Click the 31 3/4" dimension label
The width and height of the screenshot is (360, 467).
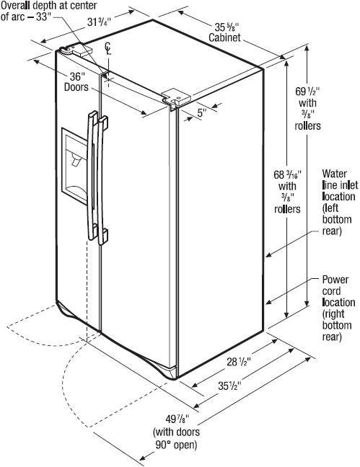pyautogui.click(x=99, y=22)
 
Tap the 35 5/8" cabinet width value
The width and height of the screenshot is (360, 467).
pyautogui.click(x=227, y=27)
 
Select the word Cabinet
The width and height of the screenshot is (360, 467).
pyautogui.click(x=224, y=37)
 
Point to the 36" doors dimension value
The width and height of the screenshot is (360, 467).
pyautogui.click(x=76, y=76)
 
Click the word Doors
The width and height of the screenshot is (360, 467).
pyautogui.click(x=76, y=87)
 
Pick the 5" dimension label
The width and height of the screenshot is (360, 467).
pyautogui.click(x=202, y=112)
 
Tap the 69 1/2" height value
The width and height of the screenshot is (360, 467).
pyautogui.click(x=307, y=92)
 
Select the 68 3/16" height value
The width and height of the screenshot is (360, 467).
pyautogui.click(x=288, y=174)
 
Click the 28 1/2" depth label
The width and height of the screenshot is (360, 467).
pyautogui.click(x=239, y=363)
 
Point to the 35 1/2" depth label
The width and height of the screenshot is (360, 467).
pyautogui.click(x=229, y=386)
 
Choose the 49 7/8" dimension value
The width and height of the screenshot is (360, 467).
pyautogui.click(x=177, y=419)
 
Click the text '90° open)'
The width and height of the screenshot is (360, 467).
pyautogui.click(x=176, y=445)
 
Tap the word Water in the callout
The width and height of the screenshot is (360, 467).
pyautogui.click(x=334, y=174)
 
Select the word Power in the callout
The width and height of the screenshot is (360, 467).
pyautogui.click(x=335, y=280)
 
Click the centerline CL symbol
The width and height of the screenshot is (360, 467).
pyautogui.click(x=108, y=49)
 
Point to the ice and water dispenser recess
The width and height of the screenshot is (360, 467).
pyautogui.click(x=74, y=166)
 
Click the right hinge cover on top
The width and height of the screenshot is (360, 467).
pyautogui.click(x=176, y=97)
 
